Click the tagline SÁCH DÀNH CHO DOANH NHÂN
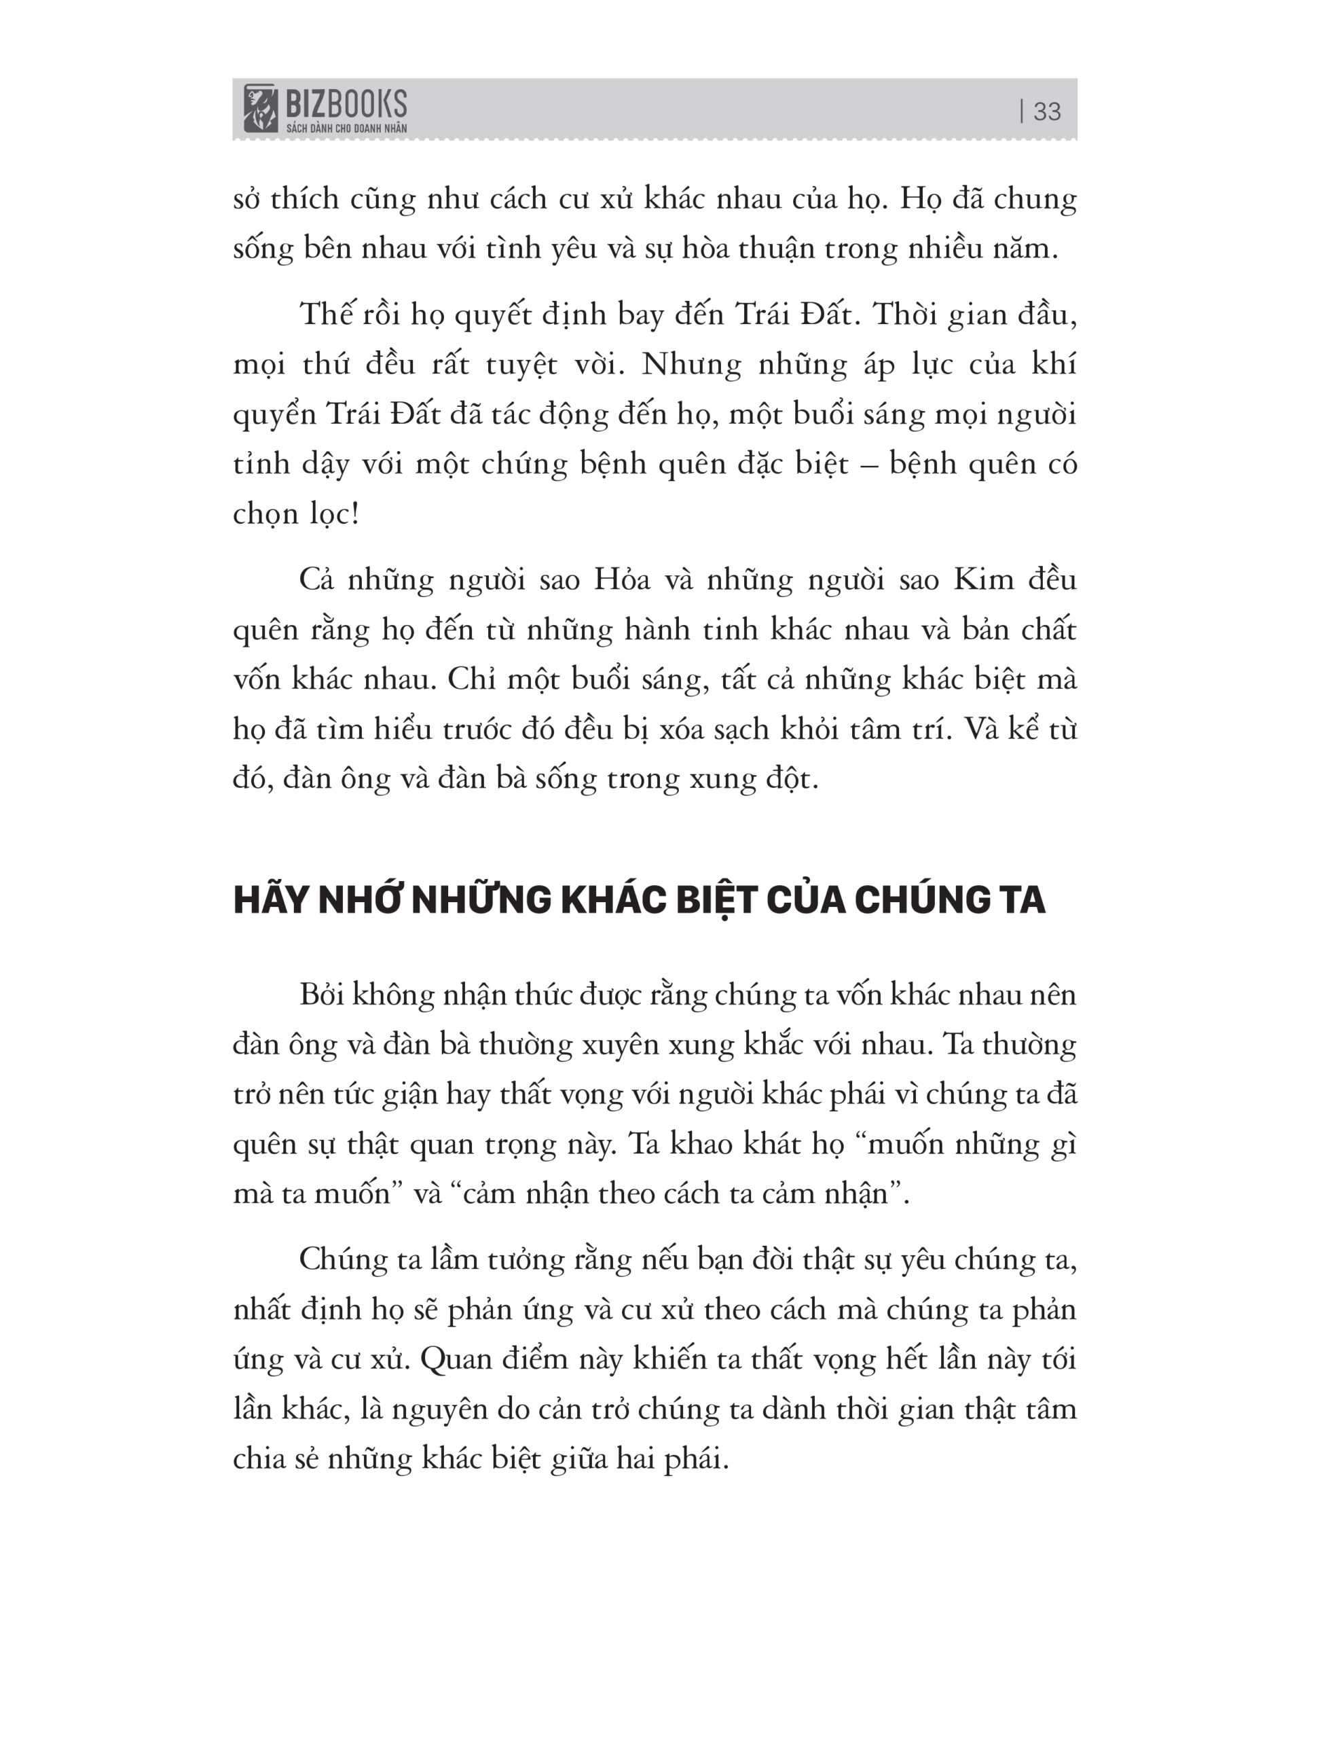pyautogui.click(x=346, y=128)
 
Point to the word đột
pyautogui.click(x=792, y=778)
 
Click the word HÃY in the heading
pyautogui.click(x=271, y=901)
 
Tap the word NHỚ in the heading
pyautogui.click(x=362, y=901)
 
